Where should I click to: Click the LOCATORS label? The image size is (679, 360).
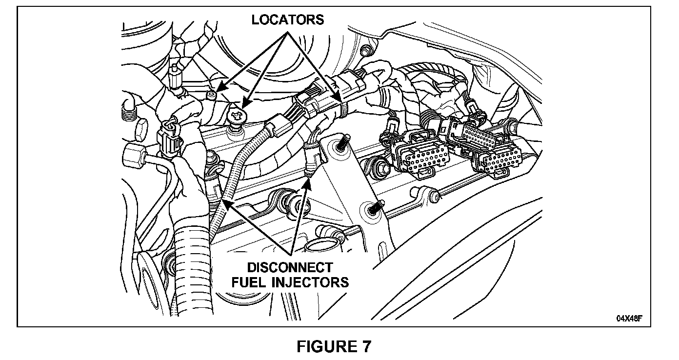pos(287,20)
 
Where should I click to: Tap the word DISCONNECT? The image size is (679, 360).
pos(290,268)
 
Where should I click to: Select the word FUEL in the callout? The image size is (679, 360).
pos(251,282)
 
